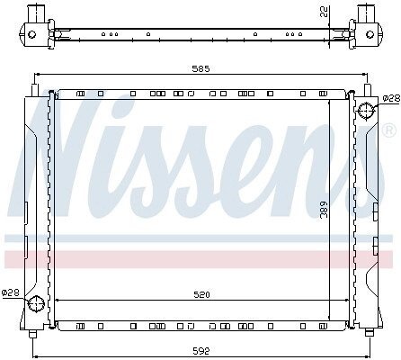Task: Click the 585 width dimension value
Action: tap(200, 68)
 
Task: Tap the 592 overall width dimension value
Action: tap(201, 351)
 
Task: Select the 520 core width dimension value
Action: tap(201, 294)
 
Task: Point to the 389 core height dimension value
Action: tap(324, 209)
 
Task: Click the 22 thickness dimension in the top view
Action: tap(324, 12)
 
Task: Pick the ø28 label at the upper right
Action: tap(392, 98)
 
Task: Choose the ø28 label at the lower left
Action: tap(11, 292)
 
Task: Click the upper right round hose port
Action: tap(366, 111)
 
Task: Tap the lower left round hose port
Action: tap(36, 303)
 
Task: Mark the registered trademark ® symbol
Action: tap(389, 130)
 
